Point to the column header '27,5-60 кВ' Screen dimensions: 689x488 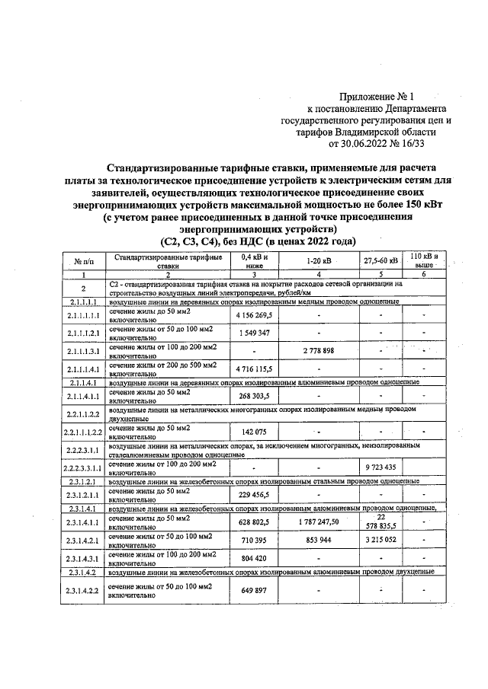pos(379,262)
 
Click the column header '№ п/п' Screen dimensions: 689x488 pos(84,262)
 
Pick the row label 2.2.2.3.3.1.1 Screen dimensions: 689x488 pos(84,469)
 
